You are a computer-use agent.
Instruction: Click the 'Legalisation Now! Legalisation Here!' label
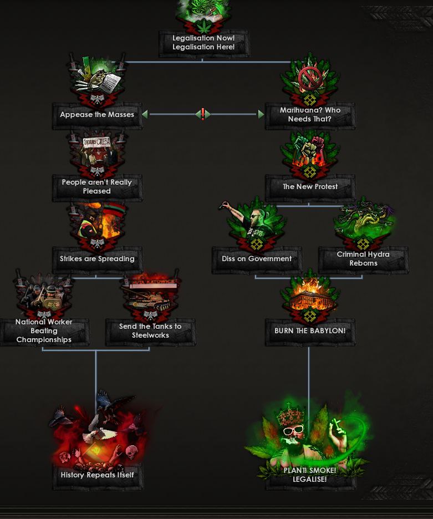point(203,43)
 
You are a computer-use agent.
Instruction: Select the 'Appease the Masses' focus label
point(97,115)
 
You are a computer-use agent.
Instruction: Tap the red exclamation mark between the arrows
point(203,114)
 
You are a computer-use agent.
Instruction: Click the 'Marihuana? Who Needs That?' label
point(310,115)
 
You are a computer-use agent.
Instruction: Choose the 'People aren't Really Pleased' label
point(97,187)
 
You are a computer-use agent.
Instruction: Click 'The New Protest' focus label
point(310,187)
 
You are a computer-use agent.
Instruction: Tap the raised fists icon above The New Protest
point(310,150)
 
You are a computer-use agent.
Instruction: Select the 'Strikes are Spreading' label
point(97,259)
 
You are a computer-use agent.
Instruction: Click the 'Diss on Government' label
point(257,259)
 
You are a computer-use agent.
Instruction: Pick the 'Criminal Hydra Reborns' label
point(363,259)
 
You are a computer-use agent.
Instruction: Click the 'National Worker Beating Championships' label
point(44,331)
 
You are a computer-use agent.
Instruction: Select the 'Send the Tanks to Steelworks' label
point(150,331)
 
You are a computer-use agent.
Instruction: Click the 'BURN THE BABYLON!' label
point(310,331)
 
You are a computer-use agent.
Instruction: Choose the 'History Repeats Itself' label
point(97,475)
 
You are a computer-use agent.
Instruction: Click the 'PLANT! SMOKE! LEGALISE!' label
point(309,475)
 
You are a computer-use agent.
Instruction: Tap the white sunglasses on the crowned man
point(294,430)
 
